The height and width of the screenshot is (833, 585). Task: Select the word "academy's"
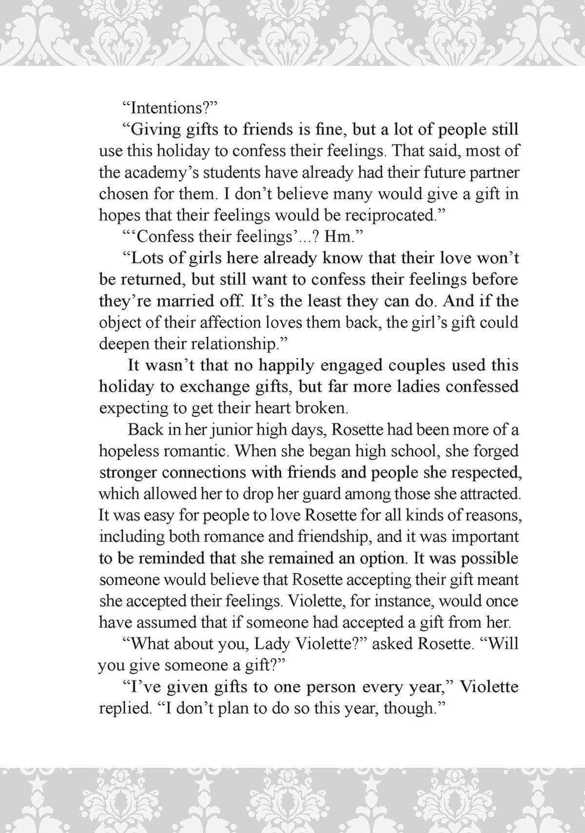coord(161,173)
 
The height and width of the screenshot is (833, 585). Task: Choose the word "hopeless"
coord(128,451)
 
